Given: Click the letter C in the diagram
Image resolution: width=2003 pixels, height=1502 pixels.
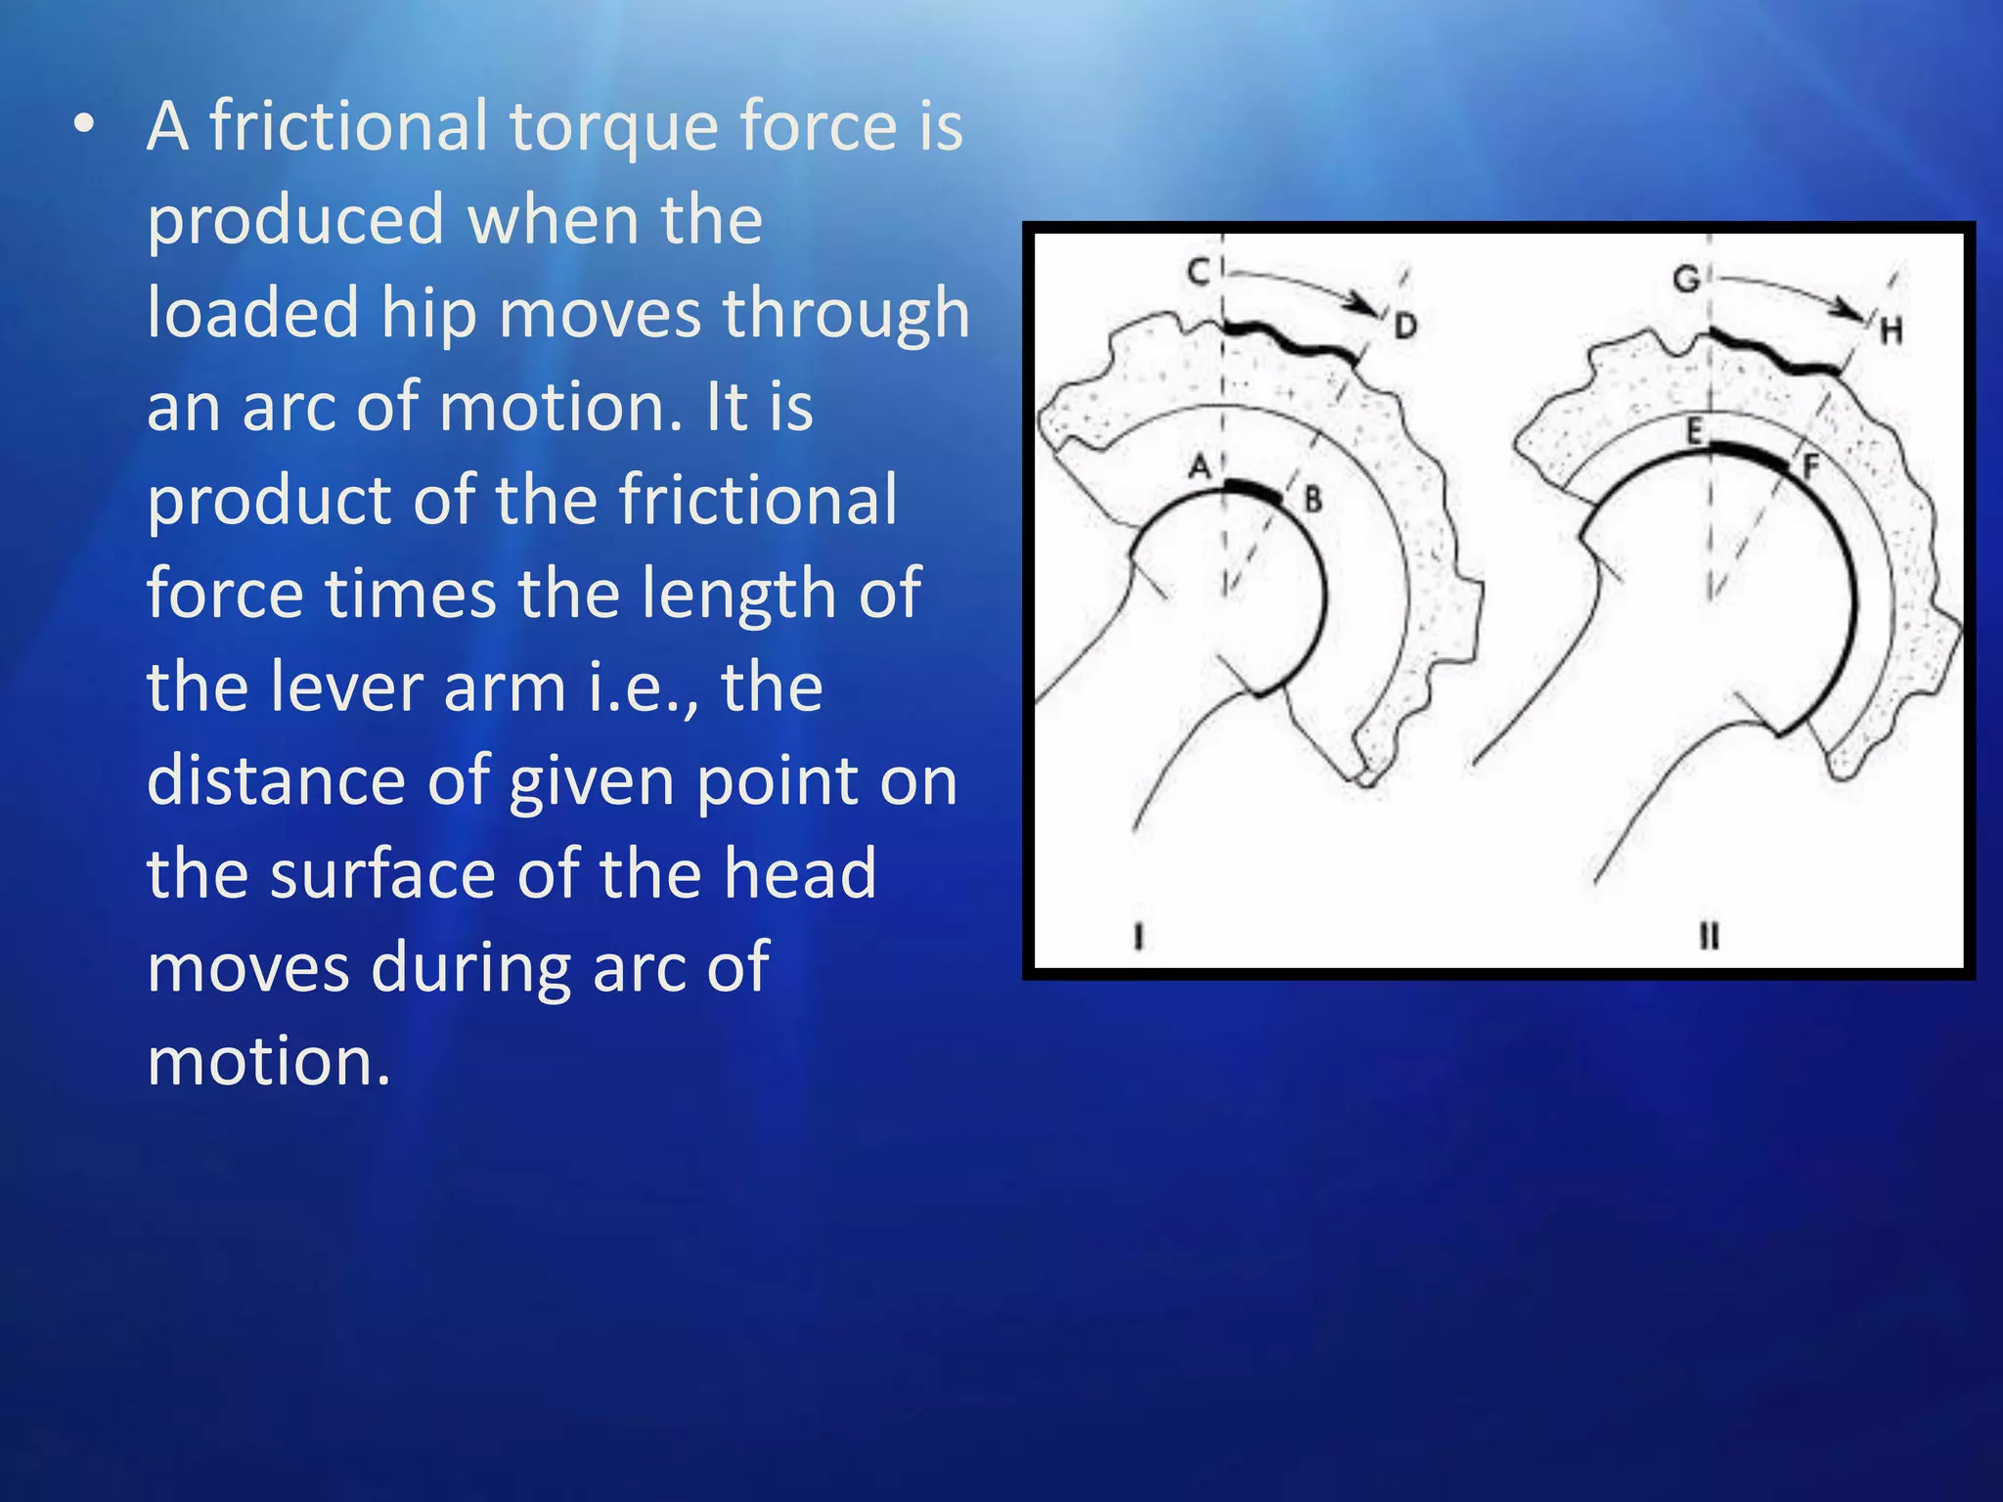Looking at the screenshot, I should pos(1198,271).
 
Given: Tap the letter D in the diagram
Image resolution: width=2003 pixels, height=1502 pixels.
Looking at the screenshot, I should pos(1405,326).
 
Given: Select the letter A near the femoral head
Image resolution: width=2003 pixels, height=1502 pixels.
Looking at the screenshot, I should pos(1200,466).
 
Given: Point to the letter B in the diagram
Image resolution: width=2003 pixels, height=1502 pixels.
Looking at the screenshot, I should pos(1313,500).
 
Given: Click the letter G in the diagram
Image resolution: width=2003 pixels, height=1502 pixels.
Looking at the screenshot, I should pos(1686,280).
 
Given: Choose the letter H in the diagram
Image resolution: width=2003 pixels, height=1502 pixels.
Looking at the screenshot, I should pos(1892,331).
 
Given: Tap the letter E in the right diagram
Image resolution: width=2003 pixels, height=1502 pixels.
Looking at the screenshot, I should pos(1695,430).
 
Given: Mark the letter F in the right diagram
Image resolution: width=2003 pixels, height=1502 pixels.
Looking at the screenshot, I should pos(1810,467).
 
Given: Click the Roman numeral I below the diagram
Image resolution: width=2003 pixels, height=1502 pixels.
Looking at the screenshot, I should pos(1137,937).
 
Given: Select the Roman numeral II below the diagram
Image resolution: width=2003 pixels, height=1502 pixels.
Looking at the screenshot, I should pos(1709,937).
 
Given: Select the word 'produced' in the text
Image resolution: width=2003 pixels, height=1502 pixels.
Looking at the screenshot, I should pos(295,220).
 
